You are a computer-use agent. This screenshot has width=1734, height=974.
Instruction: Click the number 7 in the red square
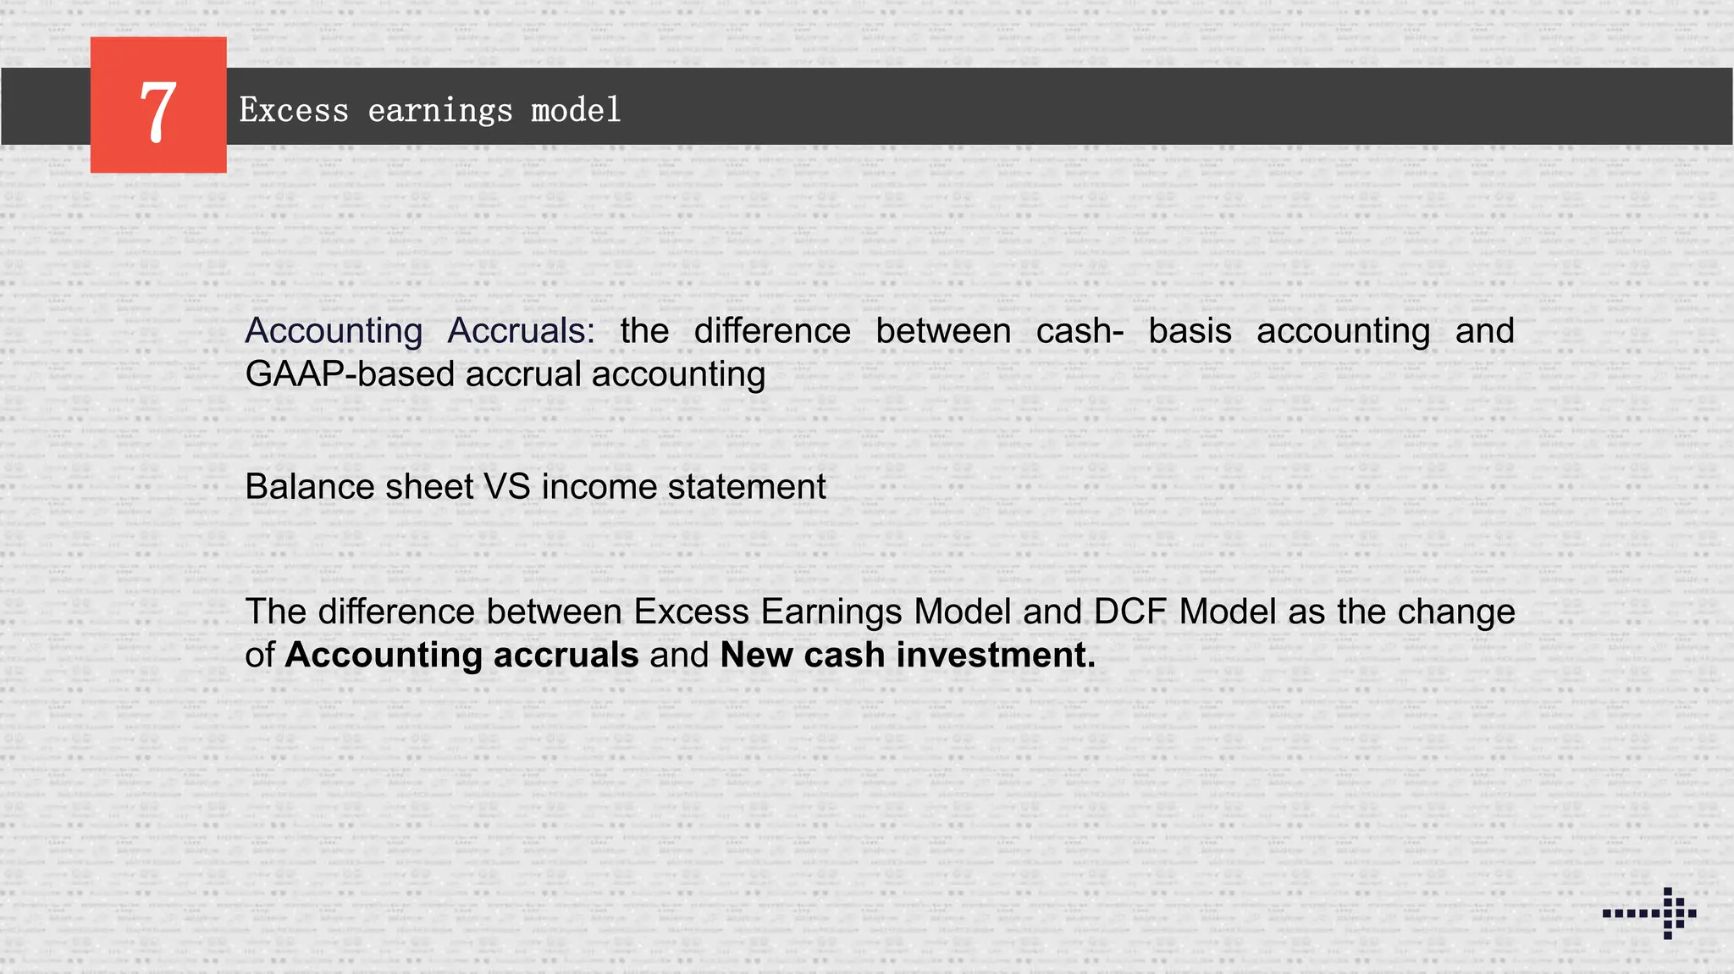pos(158,110)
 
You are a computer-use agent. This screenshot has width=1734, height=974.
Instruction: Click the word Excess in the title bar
pos(294,111)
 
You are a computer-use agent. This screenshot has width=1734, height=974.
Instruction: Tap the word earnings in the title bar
pos(440,111)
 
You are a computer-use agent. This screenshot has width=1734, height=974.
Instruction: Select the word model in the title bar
pos(576,111)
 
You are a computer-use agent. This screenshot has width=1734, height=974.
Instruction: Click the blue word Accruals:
pos(521,330)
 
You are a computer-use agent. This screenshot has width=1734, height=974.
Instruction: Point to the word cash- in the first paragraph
pos(1080,330)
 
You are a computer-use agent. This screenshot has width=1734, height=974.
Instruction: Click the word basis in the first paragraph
pos(1190,330)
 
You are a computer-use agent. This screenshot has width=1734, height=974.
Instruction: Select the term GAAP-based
pos(350,374)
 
